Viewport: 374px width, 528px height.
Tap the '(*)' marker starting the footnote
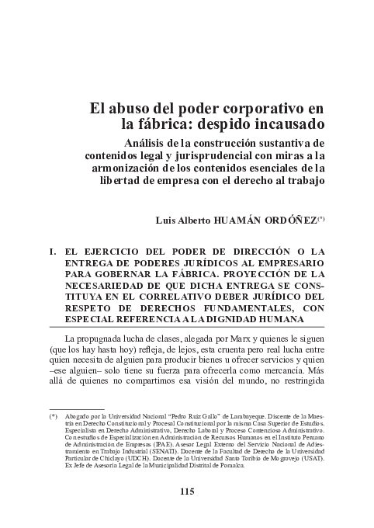pos(53,417)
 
